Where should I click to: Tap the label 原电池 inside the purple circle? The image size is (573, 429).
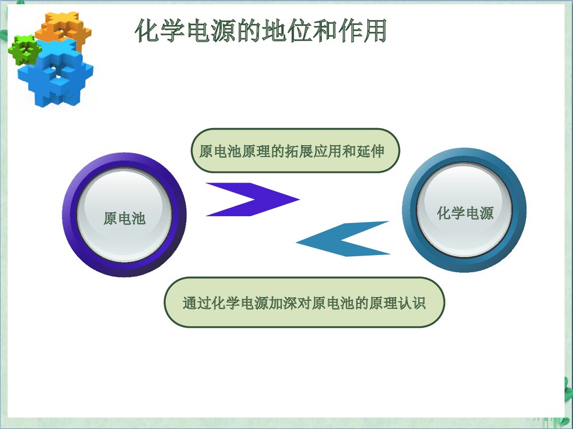coord(124,218)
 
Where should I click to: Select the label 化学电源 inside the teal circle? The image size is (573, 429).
coord(465,213)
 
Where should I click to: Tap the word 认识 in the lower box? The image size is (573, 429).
coord(412,303)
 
